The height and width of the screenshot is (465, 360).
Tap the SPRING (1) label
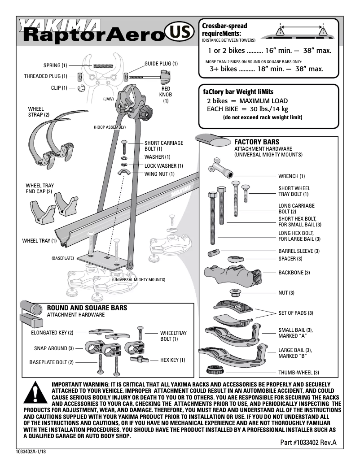tap(55, 65)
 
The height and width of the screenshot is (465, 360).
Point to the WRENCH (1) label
tap(291, 176)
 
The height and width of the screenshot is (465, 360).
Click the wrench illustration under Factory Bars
tap(218, 166)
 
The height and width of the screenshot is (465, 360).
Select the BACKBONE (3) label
tap(294, 273)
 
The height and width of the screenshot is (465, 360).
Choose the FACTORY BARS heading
tap(254, 142)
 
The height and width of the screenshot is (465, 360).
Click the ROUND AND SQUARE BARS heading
tap(87, 308)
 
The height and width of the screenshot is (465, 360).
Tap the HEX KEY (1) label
tap(173, 360)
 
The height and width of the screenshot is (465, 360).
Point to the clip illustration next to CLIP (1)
tap(81, 88)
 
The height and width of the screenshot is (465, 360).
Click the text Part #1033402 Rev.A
tap(308, 442)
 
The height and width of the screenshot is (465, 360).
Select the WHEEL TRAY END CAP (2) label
tap(40, 188)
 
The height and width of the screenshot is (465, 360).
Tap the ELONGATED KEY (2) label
tap(52, 333)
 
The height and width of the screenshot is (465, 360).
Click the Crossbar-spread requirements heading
tap(225, 30)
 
